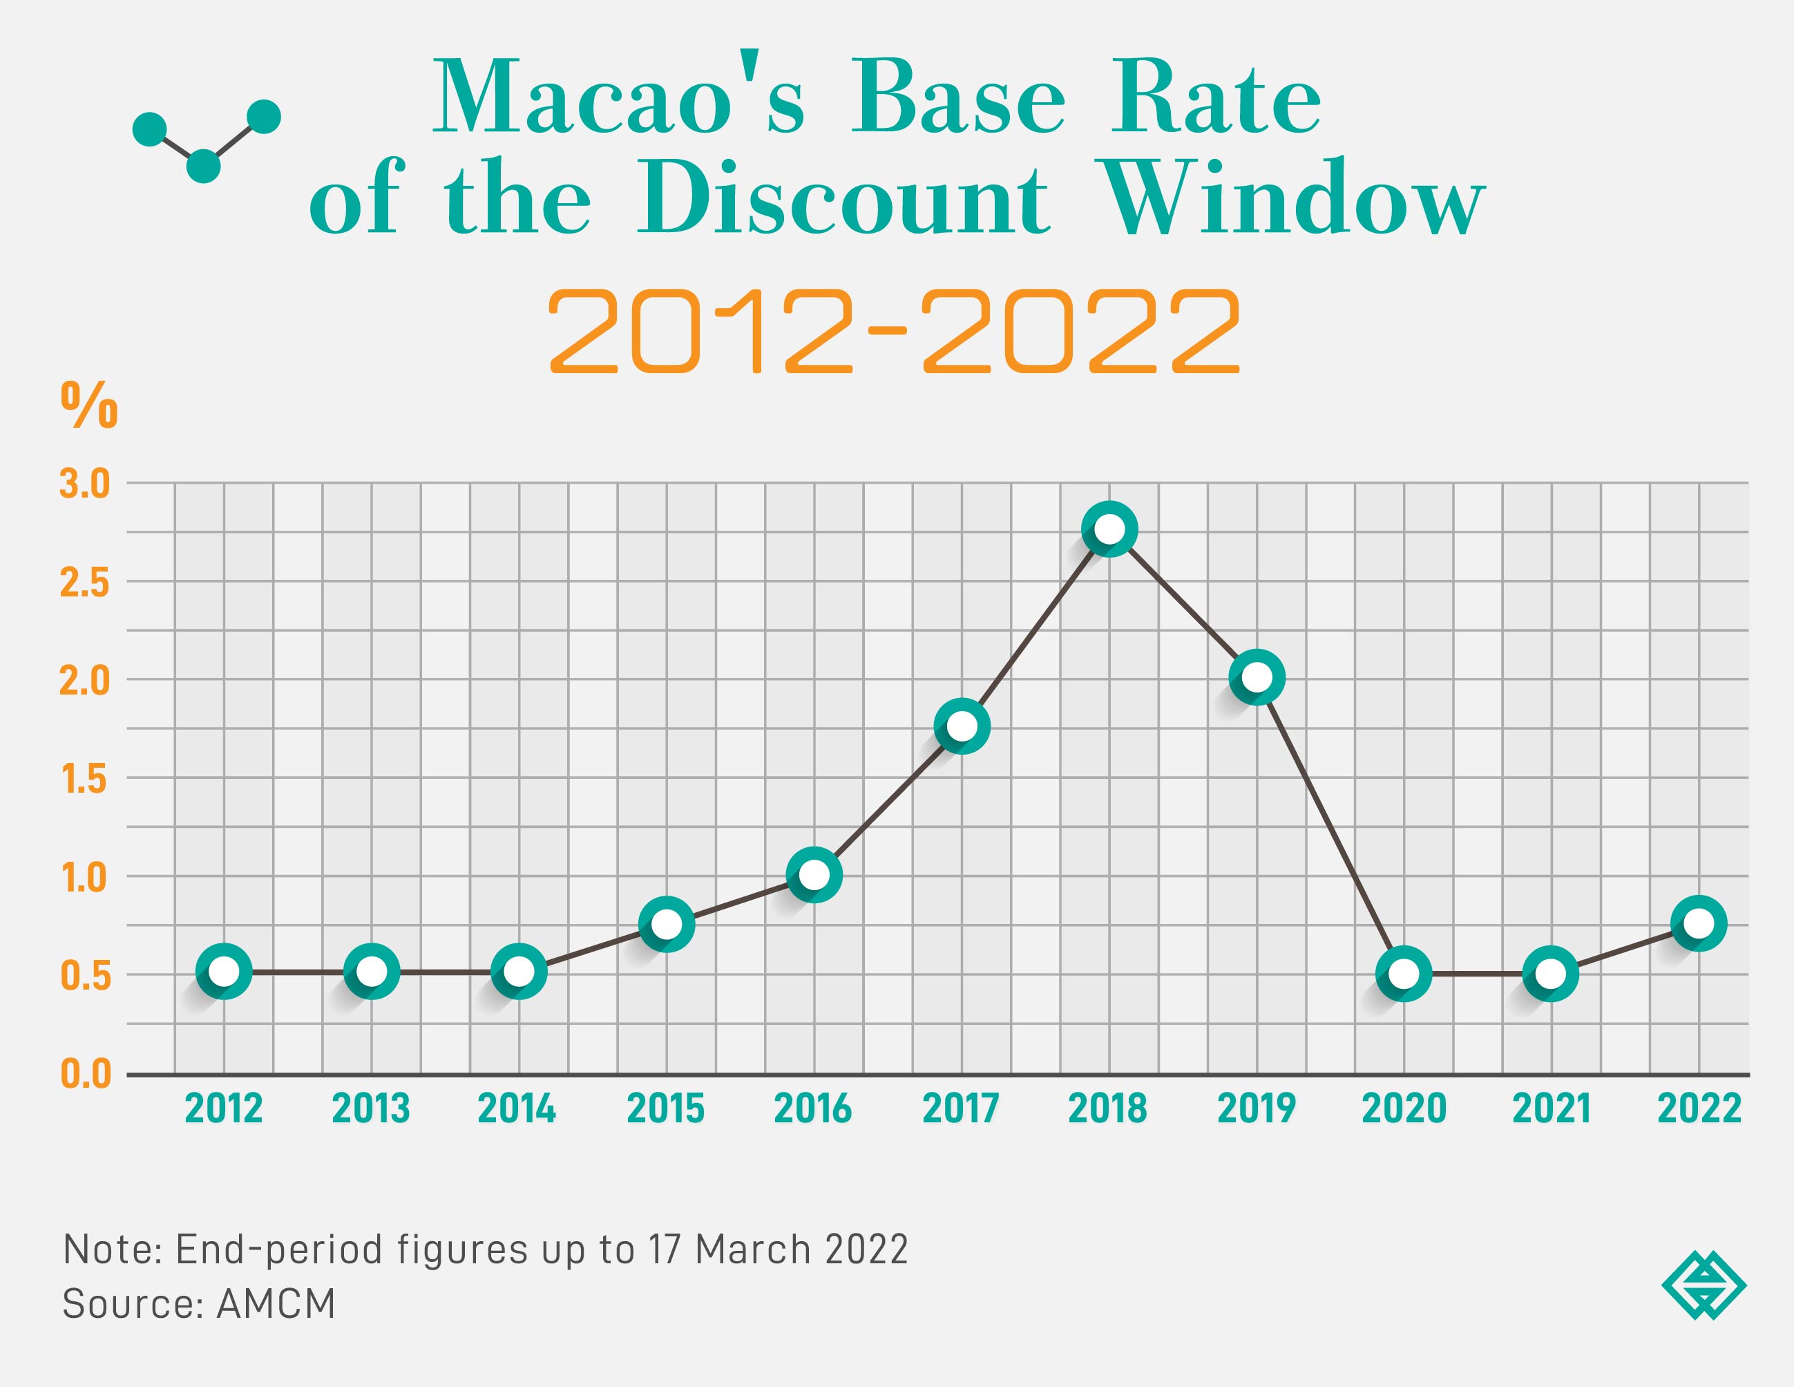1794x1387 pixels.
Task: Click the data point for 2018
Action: point(1109,529)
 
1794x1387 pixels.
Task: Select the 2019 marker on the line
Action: point(1256,677)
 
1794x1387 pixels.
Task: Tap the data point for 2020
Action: point(1404,974)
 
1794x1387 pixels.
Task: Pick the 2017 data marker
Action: point(961,726)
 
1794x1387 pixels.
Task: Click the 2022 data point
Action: point(1699,923)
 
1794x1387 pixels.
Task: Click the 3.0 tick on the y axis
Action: point(84,484)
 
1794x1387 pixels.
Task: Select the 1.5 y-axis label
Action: point(84,779)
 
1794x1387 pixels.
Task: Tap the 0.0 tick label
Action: point(84,1074)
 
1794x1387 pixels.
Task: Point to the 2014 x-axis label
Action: point(517,1108)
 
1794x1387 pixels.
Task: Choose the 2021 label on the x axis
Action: point(1551,1108)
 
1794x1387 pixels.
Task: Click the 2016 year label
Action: point(812,1108)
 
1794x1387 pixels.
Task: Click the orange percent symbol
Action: point(88,405)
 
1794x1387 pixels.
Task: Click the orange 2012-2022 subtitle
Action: point(894,332)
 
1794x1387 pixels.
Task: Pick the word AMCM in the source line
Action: point(276,1304)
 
